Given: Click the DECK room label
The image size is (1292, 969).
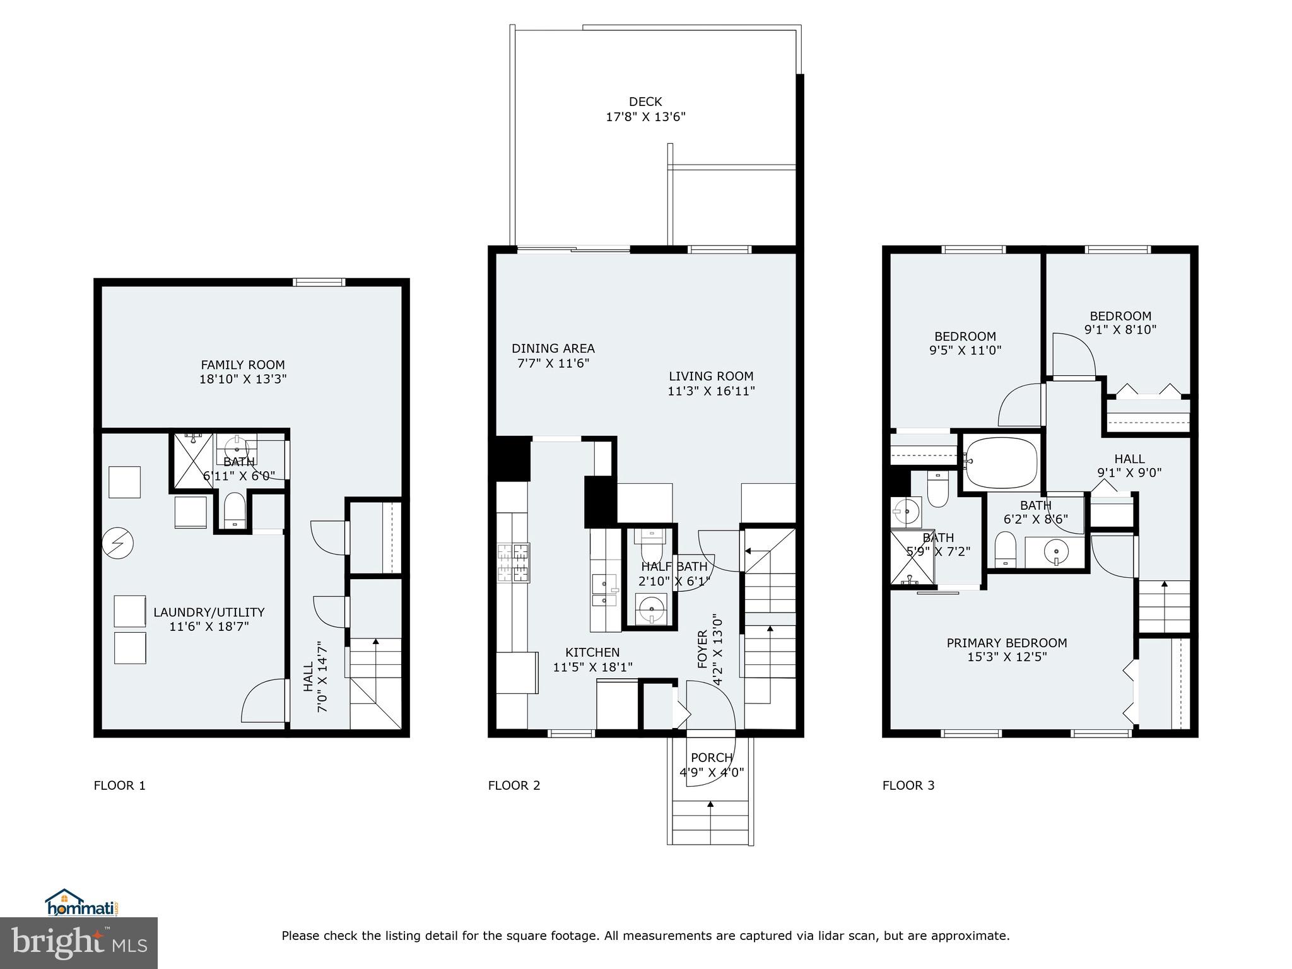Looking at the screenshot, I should pos(645,102).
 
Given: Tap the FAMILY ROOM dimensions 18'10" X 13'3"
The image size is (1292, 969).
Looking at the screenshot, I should pos(243,379).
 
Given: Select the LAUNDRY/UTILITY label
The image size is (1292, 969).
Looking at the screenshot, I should pos(209,612).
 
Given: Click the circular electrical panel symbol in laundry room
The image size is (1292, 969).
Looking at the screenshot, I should pos(118,543).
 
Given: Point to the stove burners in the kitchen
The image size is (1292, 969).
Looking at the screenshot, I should pos(514,562).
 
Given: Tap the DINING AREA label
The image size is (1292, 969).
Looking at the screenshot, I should pos(553,348).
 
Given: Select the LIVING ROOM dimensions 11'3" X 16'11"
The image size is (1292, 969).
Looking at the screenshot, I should pos(711,391).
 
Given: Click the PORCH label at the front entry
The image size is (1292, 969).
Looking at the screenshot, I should pos(712,758).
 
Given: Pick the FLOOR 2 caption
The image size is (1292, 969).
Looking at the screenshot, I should pos(514,785).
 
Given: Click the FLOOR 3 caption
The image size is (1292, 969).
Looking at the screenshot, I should pos(908,785).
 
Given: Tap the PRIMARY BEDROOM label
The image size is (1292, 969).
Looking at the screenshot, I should pos(1006,643).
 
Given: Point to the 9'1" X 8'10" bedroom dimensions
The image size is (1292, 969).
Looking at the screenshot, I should pos(1120,329).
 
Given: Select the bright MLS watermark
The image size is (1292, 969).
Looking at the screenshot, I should pos(79,943).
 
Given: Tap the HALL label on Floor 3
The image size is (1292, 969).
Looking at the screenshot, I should pos(1129,459).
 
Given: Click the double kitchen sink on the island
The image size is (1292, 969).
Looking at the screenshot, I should pos(605,590).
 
